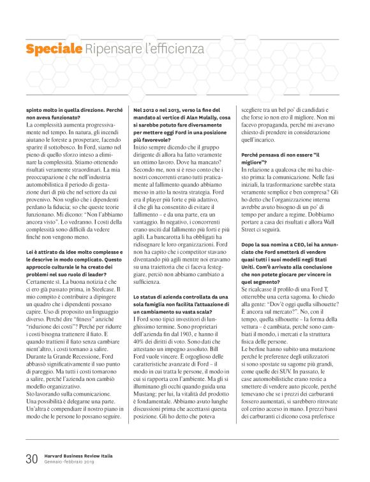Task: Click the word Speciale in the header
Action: coord(54,49)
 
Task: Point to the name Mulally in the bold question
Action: coord(209,118)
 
